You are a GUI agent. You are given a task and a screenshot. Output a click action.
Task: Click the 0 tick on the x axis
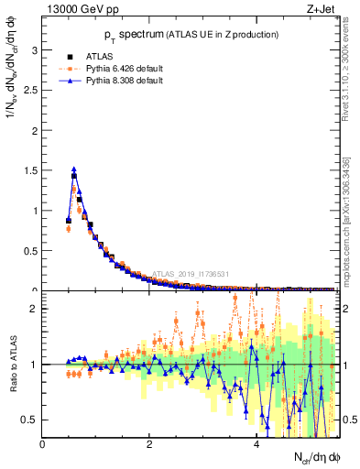(x=42, y=444)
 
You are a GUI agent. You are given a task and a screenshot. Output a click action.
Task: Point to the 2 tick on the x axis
(x=148, y=444)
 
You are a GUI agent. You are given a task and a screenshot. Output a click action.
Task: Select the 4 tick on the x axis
(x=256, y=444)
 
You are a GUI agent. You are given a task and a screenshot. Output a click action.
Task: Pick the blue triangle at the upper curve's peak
(x=74, y=169)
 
